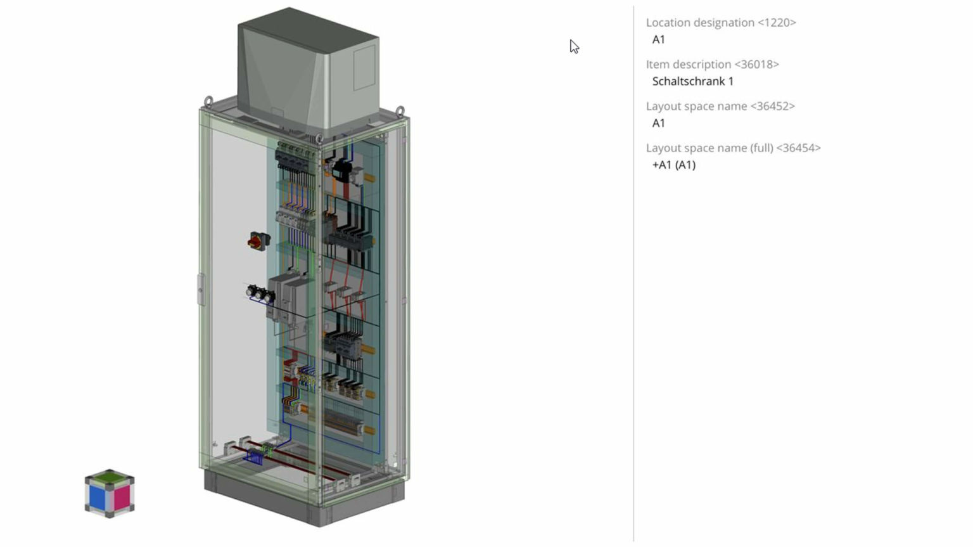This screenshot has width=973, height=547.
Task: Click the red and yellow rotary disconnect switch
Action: (x=258, y=241)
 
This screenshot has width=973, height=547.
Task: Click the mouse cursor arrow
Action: (x=573, y=46)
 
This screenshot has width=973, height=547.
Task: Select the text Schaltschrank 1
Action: (x=692, y=81)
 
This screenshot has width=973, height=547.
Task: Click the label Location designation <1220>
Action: (x=720, y=23)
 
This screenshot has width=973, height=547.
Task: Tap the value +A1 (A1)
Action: (x=673, y=165)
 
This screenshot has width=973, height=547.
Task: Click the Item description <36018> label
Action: (x=712, y=65)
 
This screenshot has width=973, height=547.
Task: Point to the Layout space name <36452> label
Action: (x=720, y=106)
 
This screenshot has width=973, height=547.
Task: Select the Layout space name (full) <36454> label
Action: (x=733, y=148)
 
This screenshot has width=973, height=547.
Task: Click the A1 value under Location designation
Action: (x=659, y=39)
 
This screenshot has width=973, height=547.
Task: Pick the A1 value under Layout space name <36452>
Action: (x=659, y=123)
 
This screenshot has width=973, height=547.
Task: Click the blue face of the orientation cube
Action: (x=97, y=497)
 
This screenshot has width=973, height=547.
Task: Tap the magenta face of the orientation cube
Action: (x=122, y=497)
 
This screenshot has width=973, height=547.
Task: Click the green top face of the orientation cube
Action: (x=110, y=477)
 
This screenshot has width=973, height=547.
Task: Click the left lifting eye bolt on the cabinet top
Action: (x=208, y=101)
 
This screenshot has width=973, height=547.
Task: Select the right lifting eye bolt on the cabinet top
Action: (x=400, y=112)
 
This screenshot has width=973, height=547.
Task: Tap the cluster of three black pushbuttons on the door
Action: (x=260, y=293)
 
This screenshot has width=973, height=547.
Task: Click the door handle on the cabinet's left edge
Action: (x=201, y=290)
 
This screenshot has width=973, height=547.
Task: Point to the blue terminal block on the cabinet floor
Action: (x=255, y=456)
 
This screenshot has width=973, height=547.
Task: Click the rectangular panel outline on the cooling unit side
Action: (x=364, y=67)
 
